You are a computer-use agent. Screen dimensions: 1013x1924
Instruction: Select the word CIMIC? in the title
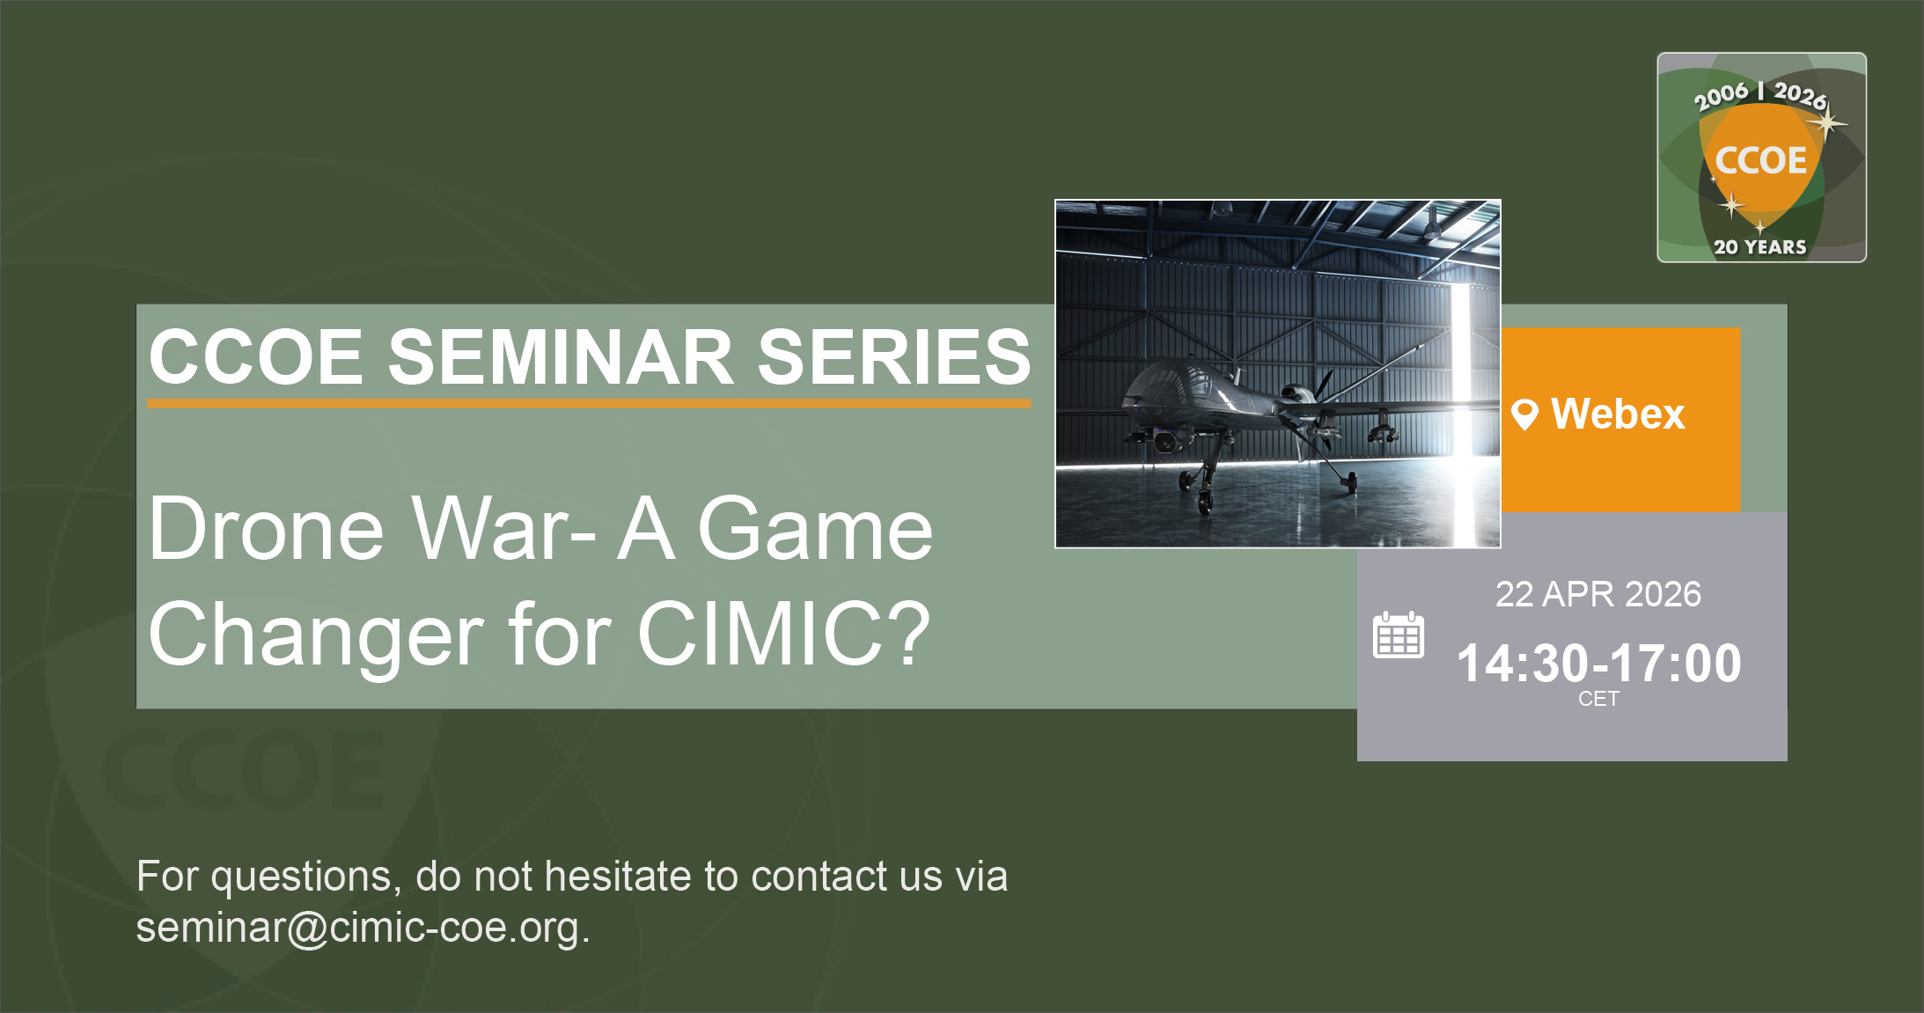coord(782,634)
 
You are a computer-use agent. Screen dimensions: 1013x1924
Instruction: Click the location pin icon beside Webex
coord(1524,414)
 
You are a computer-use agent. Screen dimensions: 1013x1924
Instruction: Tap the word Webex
coord(1618,414)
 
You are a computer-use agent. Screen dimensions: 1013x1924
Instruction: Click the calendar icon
coord(1398,635)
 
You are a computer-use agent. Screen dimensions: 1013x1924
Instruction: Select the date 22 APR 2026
coord(1597,594)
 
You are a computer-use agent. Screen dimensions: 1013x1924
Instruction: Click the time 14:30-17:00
coord(1598,663)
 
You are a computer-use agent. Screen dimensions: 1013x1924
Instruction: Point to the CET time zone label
coord(1598,699)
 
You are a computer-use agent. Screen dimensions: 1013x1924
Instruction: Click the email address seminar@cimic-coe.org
coord(362,928)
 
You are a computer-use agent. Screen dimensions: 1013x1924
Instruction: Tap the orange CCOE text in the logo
coord(1760,160)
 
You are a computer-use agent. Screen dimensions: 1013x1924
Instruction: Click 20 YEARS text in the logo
coord(1759,247)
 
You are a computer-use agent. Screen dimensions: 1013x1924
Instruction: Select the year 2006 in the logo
coord(1721,95)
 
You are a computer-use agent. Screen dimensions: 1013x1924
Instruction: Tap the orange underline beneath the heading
coord(589,403)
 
